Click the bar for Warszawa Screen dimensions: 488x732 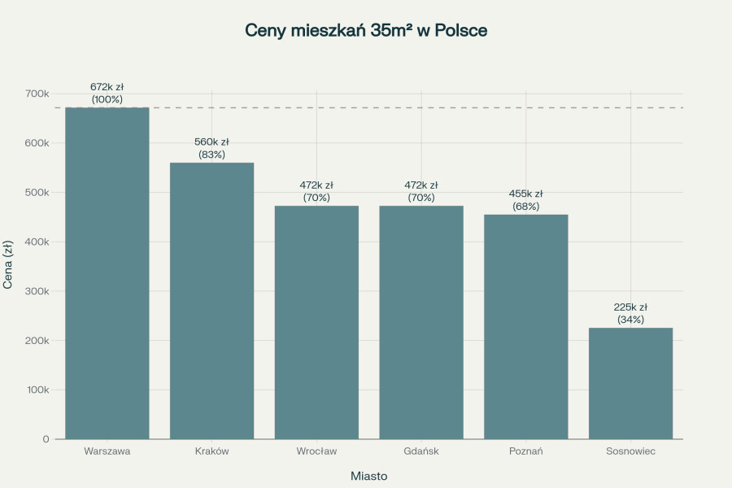click(x=107, y=273)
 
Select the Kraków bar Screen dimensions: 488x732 click(x=211, y=301)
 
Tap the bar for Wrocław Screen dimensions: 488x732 click(x=316, y=322)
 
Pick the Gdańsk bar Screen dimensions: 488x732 click(x=421, y=322)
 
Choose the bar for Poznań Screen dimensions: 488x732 click(x=525, y=326)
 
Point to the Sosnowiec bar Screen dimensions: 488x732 click(x=630, y=383)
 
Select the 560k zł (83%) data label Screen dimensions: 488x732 click(x=211, y=148)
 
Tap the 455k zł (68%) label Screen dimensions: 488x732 click(x=526, y=200)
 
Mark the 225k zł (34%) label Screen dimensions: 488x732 click(x=630, y=313)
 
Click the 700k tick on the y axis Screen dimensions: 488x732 click(x=37, y=94)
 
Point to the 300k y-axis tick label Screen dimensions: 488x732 click(x=37, y=291)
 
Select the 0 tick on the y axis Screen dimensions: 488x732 click(x=46, y=439)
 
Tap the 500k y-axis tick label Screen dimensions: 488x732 click(x=37, y=193)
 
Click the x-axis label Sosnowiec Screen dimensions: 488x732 click(x=630, y=451)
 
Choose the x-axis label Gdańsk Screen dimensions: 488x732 click(x=421, y=451)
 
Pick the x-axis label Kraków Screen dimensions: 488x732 click(x=211, y=451)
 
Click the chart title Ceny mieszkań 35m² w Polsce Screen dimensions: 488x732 click(x=366, y=31)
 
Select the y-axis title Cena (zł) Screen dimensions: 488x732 click(x=9, y=265)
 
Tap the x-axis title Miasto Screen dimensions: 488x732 click(x=368, y=475)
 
